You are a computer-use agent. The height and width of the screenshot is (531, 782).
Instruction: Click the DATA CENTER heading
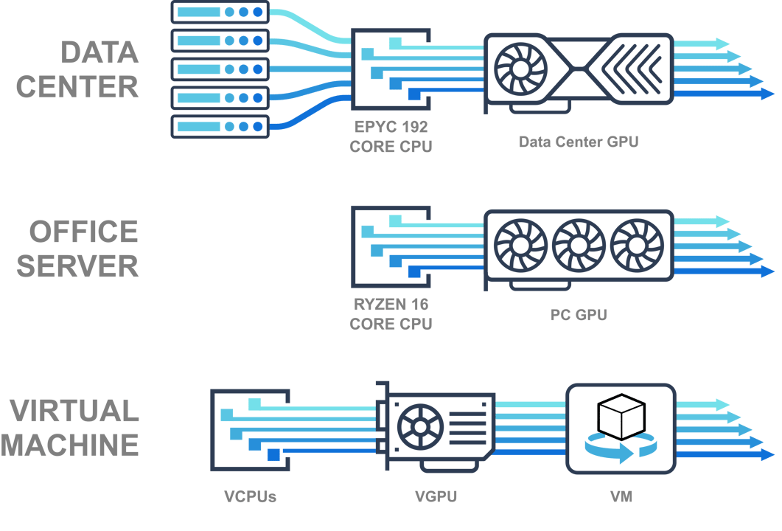point(77,69)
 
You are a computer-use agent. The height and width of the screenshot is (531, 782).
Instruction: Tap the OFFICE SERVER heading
point(77,249)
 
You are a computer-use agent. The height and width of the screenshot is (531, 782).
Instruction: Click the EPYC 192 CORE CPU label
point(390,136)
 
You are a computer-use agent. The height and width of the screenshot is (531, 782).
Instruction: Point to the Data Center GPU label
point(579,142)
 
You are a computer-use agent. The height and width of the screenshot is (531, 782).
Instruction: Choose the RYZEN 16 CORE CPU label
point(390,313)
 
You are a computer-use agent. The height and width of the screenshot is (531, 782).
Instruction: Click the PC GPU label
point(579,315)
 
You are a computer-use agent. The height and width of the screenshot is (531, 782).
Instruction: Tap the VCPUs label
point(250,496)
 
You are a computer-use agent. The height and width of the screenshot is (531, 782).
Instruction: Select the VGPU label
point(436,496)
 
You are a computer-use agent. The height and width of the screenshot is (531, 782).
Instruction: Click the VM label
point(621,496)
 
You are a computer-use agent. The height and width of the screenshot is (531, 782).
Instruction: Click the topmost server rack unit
point(220,13)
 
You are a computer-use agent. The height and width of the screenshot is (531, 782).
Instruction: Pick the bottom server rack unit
point(220,126)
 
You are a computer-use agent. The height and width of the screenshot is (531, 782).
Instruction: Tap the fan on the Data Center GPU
point(521,70)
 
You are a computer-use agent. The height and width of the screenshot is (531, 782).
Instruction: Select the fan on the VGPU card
point(420,428)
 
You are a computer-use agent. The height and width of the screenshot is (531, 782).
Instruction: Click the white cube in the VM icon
point(621,417)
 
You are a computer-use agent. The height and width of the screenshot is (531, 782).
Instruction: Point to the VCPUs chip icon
point(250,430)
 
